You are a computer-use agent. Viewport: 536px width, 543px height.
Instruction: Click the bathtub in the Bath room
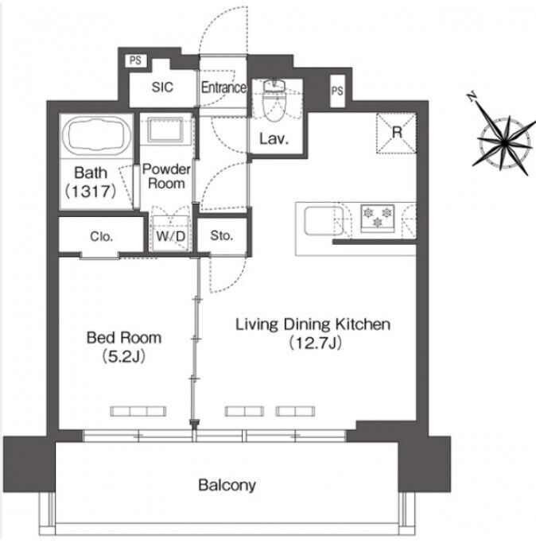[95, 136]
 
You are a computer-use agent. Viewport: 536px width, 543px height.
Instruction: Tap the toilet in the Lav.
[274, 100]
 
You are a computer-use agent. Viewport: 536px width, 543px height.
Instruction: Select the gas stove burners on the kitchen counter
[377, 217]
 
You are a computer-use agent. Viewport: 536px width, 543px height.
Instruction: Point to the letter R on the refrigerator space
[397, 132]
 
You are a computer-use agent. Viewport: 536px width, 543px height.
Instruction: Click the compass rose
[505, 142]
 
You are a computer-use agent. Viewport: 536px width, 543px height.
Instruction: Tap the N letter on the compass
[472, 97]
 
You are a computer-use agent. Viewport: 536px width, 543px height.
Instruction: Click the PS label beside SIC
[135, 60]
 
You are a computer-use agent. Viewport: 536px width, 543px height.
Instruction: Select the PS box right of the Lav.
[337, 91]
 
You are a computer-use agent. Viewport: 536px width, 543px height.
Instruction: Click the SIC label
[162, 87]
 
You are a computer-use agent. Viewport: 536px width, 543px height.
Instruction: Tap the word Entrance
[223, 87]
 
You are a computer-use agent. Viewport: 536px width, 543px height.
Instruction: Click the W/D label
[171, 237]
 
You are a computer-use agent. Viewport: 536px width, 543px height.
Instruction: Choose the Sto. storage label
[221, 235]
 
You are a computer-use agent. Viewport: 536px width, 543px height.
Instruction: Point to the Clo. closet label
[101, 237]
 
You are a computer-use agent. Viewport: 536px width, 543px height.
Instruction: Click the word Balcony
[227, 485]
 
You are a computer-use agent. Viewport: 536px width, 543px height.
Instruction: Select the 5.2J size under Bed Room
[124, 356]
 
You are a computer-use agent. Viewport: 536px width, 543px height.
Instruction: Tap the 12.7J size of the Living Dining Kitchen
[315, 343]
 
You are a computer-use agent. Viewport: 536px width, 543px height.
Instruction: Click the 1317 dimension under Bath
[91, 191]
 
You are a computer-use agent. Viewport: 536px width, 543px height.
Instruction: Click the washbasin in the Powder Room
[165, 130]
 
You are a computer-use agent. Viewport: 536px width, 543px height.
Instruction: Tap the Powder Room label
[166, 176]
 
